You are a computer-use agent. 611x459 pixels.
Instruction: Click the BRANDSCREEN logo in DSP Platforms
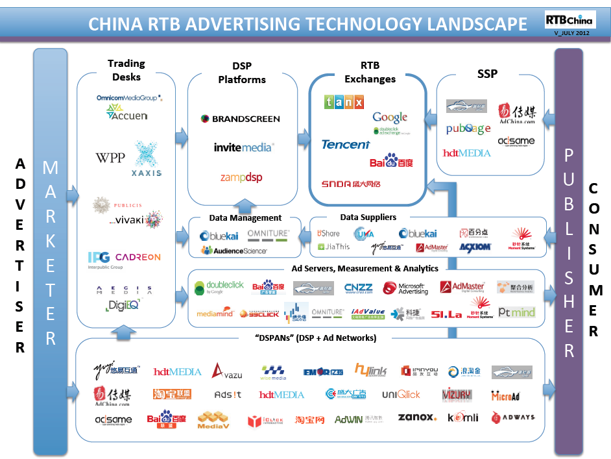[x=240, y=119]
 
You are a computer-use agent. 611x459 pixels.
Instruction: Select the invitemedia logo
[x=243, y=147]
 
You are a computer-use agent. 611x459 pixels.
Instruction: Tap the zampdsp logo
[x=241, y=177]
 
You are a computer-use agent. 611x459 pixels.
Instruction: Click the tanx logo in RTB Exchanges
[x=344, y=102]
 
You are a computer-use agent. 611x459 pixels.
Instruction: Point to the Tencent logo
[x=346, y=144]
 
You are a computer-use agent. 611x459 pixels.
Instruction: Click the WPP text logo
[x=110, y=157]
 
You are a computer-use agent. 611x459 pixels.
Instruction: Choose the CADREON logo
[x=138, y=257]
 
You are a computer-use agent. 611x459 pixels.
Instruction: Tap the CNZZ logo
[x=358, y=288]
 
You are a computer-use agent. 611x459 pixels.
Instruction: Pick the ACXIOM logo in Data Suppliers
[x=475, y=247]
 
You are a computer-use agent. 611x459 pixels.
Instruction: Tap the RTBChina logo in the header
[x=569, y=20]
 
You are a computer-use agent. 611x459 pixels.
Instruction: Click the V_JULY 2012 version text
[x=569, y=32]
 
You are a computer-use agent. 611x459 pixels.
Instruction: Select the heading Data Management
[x=245, y=218]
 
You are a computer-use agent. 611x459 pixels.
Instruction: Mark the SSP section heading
[x=487, y=73]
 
